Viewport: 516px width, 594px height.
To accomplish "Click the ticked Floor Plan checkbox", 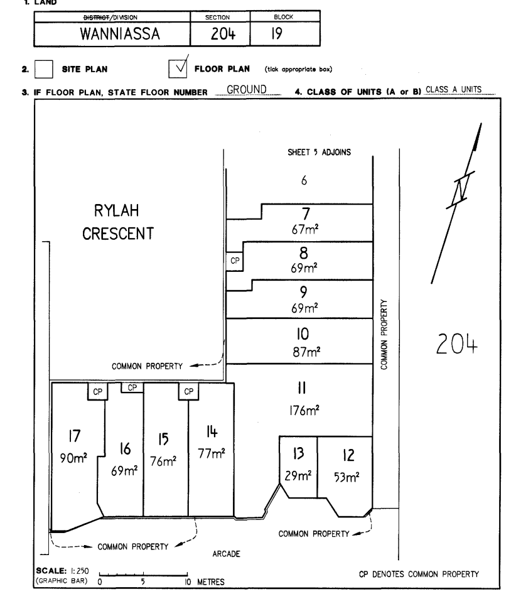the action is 178,69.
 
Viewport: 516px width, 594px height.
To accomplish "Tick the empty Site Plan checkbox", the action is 43,69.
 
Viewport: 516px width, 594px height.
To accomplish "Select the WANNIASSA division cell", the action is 120,34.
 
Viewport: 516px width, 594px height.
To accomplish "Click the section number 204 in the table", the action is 223,34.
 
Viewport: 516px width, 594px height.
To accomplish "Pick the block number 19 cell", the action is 277,34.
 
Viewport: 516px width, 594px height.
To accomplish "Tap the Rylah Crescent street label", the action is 118,222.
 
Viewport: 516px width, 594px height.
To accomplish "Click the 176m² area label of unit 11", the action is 304,410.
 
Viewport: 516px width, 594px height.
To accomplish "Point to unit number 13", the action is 298,453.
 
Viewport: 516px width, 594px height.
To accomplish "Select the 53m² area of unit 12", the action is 347,477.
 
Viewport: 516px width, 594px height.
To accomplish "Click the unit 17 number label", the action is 75,436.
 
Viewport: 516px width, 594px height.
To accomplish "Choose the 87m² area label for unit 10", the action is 306,352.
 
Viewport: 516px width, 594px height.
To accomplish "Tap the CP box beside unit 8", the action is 235,261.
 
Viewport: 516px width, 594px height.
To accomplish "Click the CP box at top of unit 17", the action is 98,391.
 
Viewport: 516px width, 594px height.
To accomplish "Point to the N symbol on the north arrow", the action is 460,188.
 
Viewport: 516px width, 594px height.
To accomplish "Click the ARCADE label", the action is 226,554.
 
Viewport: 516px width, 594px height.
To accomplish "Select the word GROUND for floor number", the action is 247,89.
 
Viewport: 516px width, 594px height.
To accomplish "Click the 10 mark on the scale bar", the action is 188,582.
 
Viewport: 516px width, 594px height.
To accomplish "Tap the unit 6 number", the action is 304,180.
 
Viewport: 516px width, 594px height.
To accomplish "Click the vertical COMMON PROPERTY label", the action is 384,335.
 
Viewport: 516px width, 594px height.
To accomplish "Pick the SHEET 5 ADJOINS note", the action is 319,153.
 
